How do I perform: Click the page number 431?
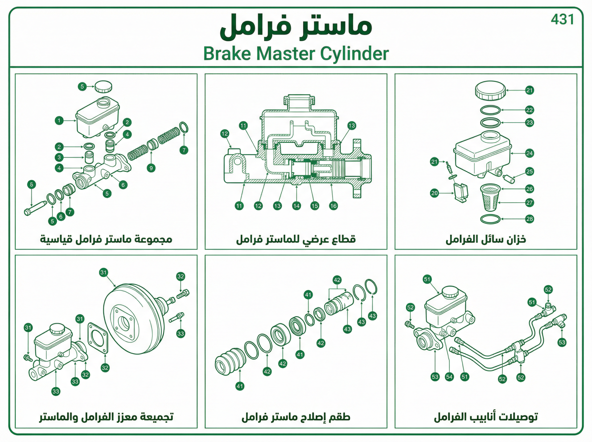562,19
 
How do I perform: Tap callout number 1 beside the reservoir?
59,121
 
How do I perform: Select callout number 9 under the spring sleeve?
151,168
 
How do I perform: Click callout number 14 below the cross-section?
296,206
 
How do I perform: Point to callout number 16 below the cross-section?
333,206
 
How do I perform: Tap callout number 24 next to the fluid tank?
529,153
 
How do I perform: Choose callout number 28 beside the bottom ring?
529,219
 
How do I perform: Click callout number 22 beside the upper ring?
529,110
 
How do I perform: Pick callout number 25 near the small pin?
529,171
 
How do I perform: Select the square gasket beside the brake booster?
98,338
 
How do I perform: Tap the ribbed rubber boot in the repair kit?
230,361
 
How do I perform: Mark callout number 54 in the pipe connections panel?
449,377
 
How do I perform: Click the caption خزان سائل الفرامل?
486,239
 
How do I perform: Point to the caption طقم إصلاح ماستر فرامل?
296,417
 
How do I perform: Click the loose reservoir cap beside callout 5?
103,86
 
